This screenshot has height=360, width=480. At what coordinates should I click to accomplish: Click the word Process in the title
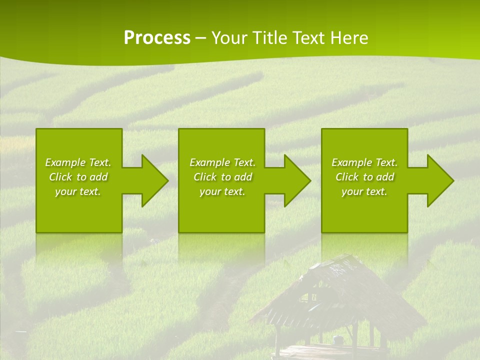[x=157, y=38]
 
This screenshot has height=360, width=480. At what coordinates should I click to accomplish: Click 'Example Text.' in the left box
[x=78, y=162]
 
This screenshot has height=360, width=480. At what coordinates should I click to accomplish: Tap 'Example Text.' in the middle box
[x=222, y=162]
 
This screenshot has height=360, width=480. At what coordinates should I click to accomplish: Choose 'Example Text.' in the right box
[x=364, y=162]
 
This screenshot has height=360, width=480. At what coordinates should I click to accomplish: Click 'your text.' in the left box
[x=78, y=191]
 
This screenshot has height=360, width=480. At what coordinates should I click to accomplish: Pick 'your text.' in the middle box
[x=222, y=191]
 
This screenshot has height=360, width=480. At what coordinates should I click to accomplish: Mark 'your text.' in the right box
[x=364, y=191]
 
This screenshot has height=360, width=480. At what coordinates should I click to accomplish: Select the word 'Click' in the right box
[x=347, y=177]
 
